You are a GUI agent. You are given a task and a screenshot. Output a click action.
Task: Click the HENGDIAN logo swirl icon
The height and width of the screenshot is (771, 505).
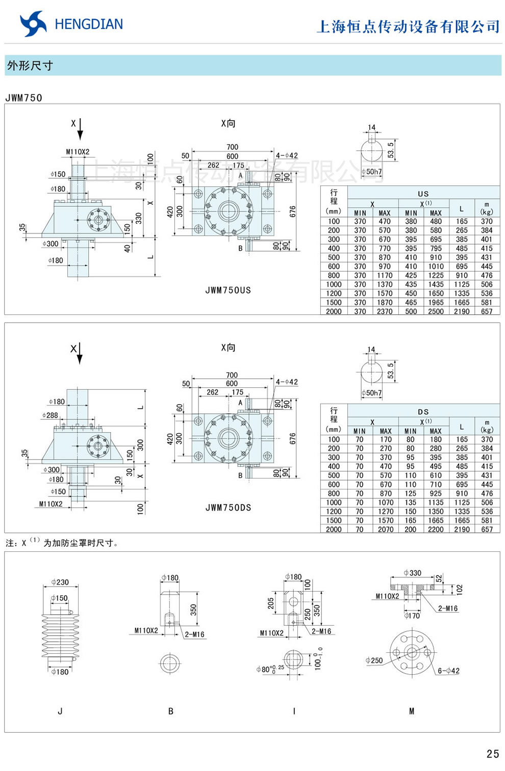tap(33, 24)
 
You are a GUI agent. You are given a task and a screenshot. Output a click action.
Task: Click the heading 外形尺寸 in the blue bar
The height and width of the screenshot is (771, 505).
tap(30, 66)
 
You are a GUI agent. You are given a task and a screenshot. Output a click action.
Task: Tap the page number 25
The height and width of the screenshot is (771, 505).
tap(492, 754)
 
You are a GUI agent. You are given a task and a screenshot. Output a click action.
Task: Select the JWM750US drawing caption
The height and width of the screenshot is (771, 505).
tap(228, 290)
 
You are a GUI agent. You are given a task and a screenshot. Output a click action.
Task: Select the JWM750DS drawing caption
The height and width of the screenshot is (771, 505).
tap(228, 508)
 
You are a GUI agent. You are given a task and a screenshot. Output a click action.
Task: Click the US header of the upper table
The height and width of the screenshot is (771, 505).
tap(423, 194)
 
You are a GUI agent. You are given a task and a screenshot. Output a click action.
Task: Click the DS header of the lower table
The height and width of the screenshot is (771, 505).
tap(423, 412)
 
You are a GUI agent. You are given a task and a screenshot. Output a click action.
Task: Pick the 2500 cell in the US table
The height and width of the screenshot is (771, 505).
tap(436, 311)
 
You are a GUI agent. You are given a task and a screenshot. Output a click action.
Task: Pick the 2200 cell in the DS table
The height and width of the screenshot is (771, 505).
tap(436, 529)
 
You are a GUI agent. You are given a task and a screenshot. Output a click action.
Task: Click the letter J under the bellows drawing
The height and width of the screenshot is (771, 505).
tap(60, 711)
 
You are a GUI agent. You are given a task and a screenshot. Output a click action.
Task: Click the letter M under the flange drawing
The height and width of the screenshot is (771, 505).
tap(412, 711)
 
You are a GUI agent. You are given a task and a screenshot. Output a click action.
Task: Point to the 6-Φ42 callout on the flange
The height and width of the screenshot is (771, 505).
tap(448, 671)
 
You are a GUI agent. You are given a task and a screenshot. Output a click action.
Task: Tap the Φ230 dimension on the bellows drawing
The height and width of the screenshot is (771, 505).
tap(60, 582)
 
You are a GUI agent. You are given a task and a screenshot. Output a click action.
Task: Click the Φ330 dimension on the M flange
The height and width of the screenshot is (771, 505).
tap(412, 573)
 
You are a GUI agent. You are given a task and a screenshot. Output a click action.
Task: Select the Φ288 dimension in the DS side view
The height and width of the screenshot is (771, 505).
tap(50, 415)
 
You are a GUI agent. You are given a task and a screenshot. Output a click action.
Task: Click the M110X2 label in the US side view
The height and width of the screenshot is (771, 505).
tap(78, 152)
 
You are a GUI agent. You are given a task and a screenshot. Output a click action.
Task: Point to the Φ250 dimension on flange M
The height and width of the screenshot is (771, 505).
tap(374, 660)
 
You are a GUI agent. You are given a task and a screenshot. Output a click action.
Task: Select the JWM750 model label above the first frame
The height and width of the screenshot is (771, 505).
tap(24, 98)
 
